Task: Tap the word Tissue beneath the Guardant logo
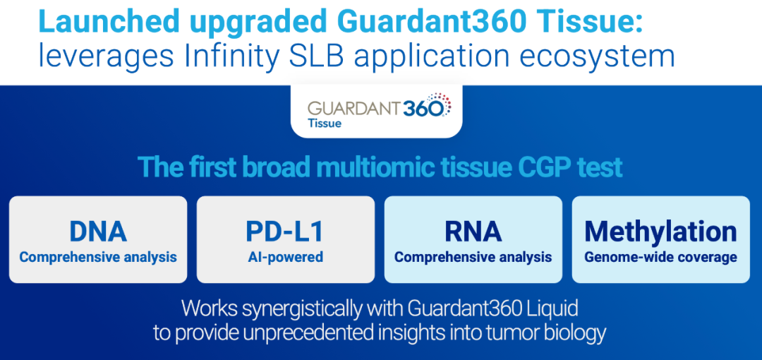tap(325, 123)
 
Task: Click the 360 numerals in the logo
tap(423, 107)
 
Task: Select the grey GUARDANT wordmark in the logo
tap(354, 108)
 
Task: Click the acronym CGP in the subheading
tap(550, 167)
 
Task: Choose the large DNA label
tap(98, 232)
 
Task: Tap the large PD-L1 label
tap(285, 232)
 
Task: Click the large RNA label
tap(473, 232)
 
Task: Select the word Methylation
tap(660, 232)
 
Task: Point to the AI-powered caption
tap(285, 257)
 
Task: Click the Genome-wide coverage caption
tap(660, 257)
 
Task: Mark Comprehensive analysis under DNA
tap(98, 257)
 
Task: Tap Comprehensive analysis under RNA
tap(473, 257)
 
